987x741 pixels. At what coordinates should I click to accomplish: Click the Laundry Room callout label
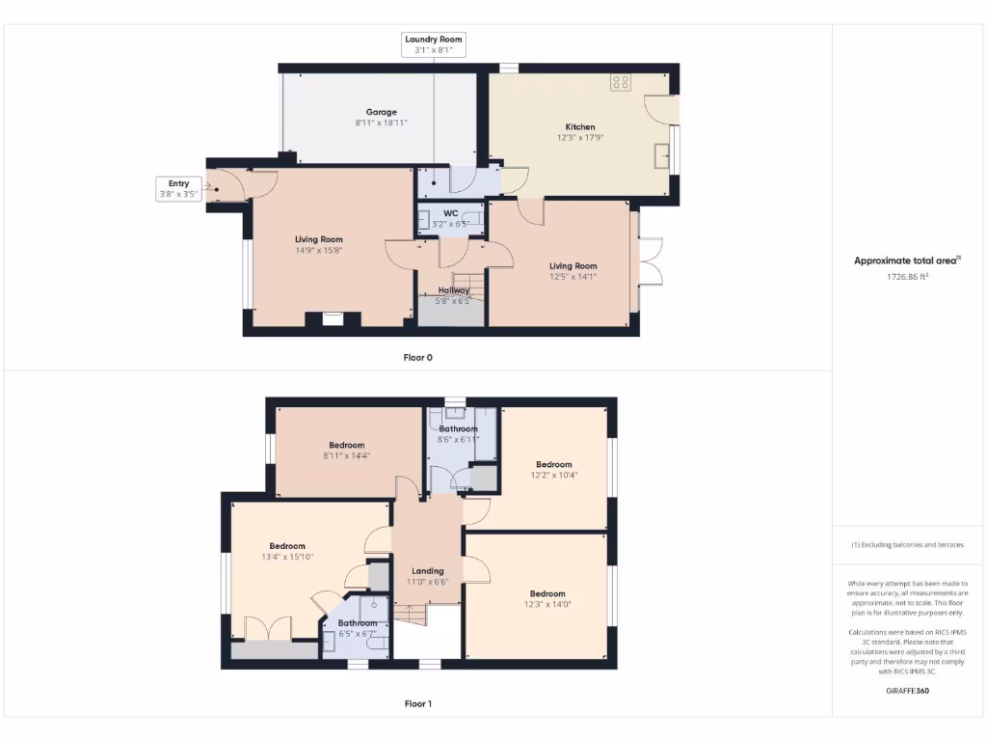click(434, 44)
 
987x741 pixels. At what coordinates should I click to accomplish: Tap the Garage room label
click(381, 117)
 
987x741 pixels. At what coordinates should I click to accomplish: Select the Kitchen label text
click(579, 132)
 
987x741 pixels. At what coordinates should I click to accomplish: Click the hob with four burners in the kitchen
click(620, 83)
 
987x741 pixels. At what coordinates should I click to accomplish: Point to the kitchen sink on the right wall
click(660, 154)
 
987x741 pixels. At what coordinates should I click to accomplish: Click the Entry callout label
click(178, 188)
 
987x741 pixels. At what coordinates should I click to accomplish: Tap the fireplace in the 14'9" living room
click(332, 318)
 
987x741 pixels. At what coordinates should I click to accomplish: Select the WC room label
click(450, 218)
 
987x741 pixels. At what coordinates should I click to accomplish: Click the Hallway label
click(454, 295)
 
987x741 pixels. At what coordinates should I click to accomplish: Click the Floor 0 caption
click(417, 357)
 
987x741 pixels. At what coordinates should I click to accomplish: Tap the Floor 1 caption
click(417, 703)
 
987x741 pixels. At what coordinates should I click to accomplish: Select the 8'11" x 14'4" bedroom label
click(345, 450)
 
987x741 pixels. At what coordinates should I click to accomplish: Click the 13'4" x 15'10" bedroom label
click(287, 551)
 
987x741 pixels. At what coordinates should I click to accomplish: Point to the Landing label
click(428, 576)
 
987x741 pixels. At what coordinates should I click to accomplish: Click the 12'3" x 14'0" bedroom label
click(547, 598)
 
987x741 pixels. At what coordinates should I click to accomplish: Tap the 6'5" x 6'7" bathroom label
click(356, 628)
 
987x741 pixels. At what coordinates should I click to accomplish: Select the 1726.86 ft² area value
click(907, 276)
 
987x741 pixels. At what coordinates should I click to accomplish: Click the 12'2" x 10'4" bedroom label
click(553, 469)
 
